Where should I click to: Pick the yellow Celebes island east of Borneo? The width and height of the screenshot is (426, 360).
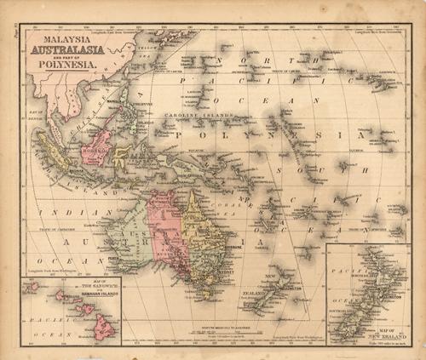(x=122, y=153)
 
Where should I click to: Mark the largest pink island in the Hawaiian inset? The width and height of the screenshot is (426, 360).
(x=104, y=327)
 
